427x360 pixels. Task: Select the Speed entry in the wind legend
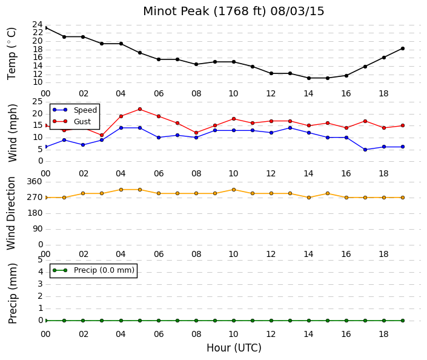pyautogui.click(x=85, y=110)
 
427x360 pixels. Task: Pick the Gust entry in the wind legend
pyautogui.click(x=82, y=122)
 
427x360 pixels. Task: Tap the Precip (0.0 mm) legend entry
pyautogui.click(x=104, y=270)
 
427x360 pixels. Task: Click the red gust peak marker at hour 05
pyautogui.click(x=140, y=109)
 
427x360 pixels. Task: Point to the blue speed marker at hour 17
pyautogui.click(x=365, y=150)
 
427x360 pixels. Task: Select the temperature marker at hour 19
pyautogui.click(x=403, y=48)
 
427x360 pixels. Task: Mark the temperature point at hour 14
pyautogui.click(x=309, y=78)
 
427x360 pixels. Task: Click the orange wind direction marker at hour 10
pyautogui.click(x=234, y=190)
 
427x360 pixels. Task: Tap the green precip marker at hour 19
pyautogui.click(x=403, y=321)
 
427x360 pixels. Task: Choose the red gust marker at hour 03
pyautogui.click(x=102, y=135)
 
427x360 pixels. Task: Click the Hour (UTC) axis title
pyautogui.click(x=234, y=348)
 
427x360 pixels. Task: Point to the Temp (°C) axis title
pyautogui.click(x=12, y=54)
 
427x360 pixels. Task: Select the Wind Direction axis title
pyautogui.click(x=11, y=213)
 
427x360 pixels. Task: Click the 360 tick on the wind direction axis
pyautogui.click(x=35, y=181)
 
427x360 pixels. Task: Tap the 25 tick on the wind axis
pyautogui.click(x=38, y=102)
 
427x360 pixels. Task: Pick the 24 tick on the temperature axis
pyautogui.click(x=38, y=24)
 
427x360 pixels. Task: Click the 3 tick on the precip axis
pyautogui.click(x=41, y=284)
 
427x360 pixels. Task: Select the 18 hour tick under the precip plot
pyautogui.click(x=383, y=334)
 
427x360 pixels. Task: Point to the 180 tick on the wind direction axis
pyautogui.click(x=35, y=213)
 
